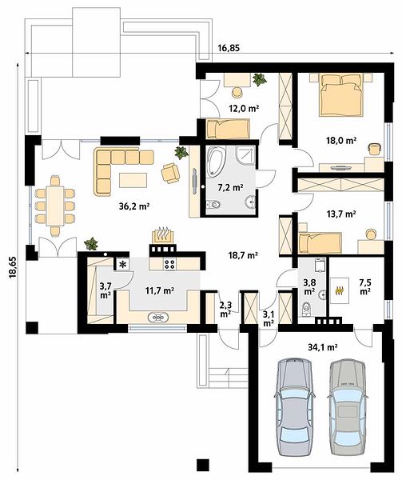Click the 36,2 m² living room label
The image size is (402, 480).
coord(134,206)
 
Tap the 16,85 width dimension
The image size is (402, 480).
coord(229,47)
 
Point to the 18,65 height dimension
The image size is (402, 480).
coord(13,267)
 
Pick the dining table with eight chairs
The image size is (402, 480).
coord(55,206)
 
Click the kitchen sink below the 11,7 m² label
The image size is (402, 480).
coord(158,317)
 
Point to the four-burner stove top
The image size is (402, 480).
coord(170,264)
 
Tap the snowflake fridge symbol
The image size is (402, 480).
coord(122,265)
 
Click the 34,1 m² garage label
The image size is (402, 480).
coord(323,347)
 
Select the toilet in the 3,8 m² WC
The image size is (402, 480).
coord(306,309)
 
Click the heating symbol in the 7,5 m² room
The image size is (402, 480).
coord(339,290)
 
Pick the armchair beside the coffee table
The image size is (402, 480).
coord(170,173)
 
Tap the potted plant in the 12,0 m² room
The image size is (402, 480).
coord(260,79)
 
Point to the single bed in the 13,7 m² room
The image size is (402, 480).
coord(320,243)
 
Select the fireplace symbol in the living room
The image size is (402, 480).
coord(162,236)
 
